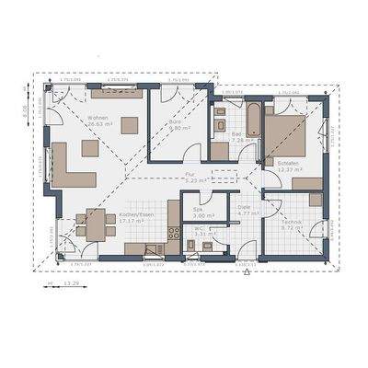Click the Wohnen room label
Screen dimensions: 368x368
click(98, 119)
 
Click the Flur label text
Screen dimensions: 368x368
click(191, 173)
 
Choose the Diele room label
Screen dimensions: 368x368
click(245, 208)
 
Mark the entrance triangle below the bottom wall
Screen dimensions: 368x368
click(247, 273)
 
